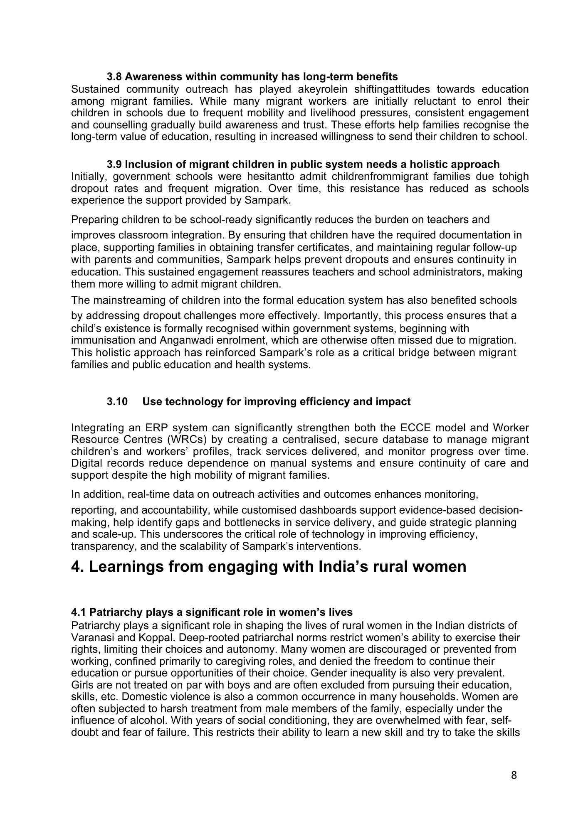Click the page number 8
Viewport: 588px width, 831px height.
tap(514, 775)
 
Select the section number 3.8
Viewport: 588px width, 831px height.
tap(114, 77)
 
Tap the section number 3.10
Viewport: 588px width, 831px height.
tap(117, 402)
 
